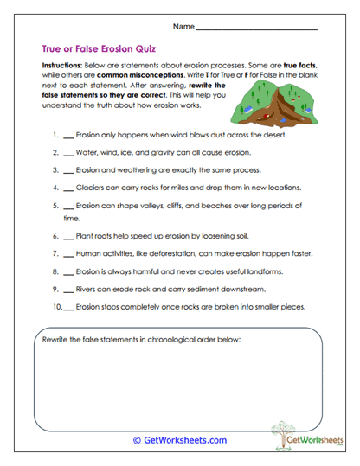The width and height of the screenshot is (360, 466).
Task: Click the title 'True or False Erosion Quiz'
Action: pyautogui.click(x=99, y=49)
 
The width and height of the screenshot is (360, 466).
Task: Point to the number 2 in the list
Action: pyautogui.click(x=55, y=152)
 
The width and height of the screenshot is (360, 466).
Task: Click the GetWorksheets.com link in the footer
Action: pyautogui.click(x=179, y=440)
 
